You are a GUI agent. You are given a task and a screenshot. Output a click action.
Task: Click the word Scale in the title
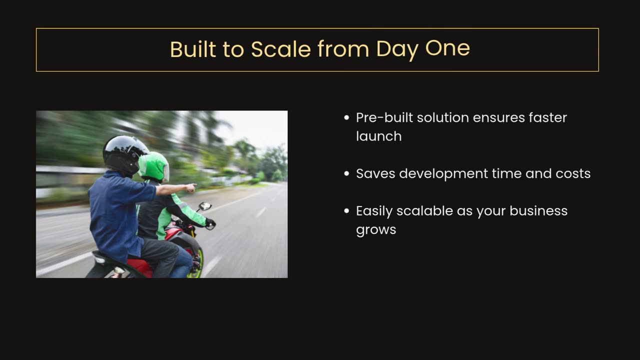coord(281,49)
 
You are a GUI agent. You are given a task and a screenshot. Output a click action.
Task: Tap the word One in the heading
coord(447,48)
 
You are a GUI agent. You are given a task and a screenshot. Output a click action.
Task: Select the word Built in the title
coord(193,49)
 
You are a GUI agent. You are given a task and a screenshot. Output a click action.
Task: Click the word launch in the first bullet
coord(379,136)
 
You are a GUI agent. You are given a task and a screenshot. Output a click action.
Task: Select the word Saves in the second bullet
coord(375,173)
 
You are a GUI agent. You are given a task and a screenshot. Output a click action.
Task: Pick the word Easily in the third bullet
coord(374,211)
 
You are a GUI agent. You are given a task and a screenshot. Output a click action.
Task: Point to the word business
coord(538,211)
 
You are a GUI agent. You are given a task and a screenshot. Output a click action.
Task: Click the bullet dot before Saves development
coord(347,173)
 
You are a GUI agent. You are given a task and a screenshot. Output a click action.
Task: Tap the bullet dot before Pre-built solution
coord(347,117)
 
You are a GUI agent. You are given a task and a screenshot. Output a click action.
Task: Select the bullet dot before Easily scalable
coord(347,211)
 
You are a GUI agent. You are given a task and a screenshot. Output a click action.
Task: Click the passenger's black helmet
coord(124,155)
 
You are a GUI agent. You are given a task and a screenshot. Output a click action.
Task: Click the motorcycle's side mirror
coord(205,206)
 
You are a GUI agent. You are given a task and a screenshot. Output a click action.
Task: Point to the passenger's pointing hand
coord(190,187)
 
